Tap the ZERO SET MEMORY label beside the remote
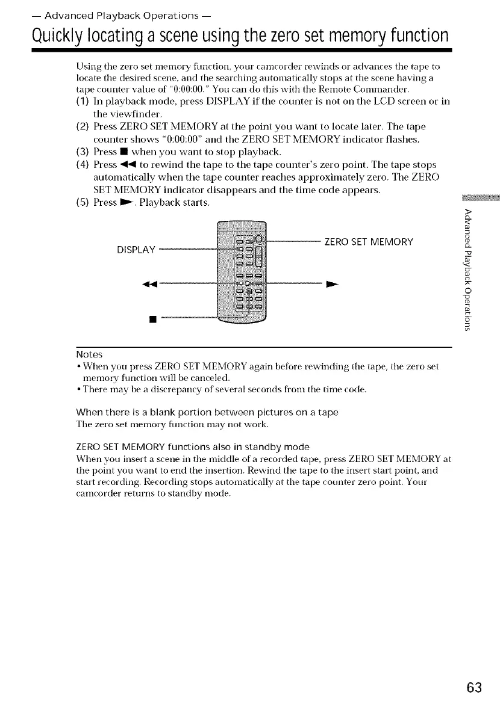[x=368, y=242]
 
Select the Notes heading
[x=89, y=354]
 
